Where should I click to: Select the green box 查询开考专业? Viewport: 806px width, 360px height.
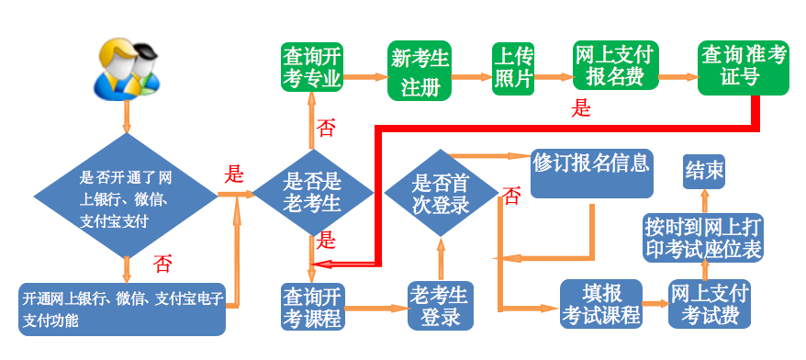coord(311,66)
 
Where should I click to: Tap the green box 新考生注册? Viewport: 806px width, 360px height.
coord(420,72)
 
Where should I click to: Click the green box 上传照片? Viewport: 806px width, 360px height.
coord(513,68)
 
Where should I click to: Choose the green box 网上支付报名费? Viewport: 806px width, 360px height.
coord(614,65)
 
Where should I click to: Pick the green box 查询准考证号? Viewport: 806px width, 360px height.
coord(742,67)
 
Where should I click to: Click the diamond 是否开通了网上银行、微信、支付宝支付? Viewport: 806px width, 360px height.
coord(126,197)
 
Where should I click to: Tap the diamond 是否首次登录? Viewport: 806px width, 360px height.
coord(442,194)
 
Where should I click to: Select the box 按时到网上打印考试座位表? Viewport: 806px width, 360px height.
coord(702,237)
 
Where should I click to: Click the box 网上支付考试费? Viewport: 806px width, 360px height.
coord(709,304)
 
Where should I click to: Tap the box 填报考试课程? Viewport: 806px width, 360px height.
coord(601,304)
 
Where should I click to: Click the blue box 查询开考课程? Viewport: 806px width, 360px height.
coord(312,307)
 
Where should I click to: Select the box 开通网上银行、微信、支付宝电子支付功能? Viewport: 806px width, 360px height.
coord(122,309)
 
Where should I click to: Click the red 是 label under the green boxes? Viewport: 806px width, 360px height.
coord(581,107)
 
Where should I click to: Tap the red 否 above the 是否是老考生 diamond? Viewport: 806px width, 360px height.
coord(325,128)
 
